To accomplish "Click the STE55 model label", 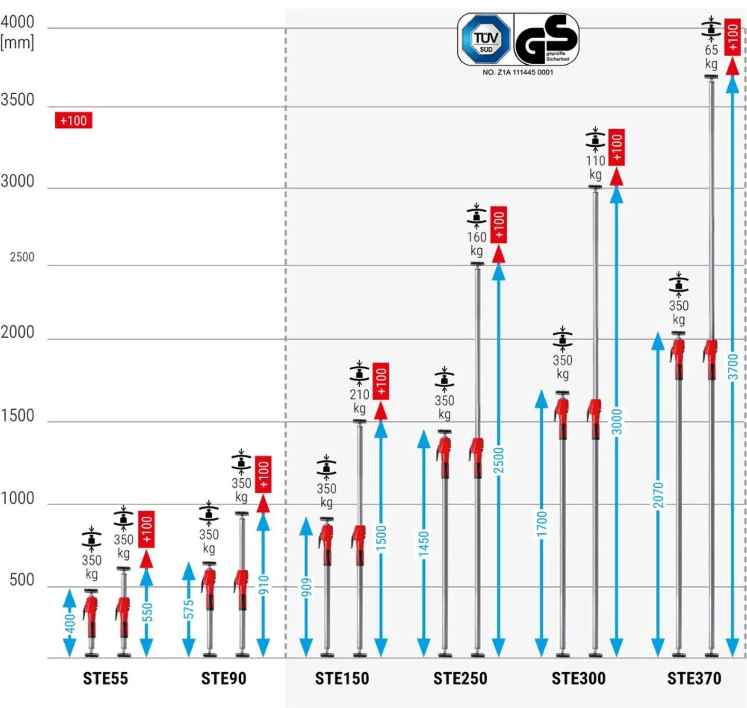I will click(x=105, y=678).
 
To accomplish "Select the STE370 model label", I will click(x=694, y=678).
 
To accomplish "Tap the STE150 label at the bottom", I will click(x=342, y=678).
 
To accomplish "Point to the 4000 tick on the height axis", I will click(x=17, y=22).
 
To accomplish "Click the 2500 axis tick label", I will click(x=22, y=257).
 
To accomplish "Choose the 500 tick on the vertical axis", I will click(x=22, y=580).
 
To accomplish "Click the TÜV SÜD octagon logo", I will click(x=486, y=39).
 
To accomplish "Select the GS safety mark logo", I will click(x=546, y=39).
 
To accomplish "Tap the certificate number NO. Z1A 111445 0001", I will click(x=517, y=73).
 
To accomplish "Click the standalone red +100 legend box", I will click(x=74, y=120).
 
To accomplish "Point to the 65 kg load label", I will click(x=711, y=56).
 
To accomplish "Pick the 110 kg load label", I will click(x=595, y=167).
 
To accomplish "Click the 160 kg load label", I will click(x=477, y=243).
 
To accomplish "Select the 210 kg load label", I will click(x=359, y=401).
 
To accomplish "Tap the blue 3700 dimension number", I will click(x=733, y=367).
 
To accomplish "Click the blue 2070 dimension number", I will click(x=658, y=495).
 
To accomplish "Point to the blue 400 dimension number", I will click(x=70, y=624).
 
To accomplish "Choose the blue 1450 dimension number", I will click(x=424, y=544).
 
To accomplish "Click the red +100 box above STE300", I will click(x=617, y=148).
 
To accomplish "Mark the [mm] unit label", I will click(x=17, y=43).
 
